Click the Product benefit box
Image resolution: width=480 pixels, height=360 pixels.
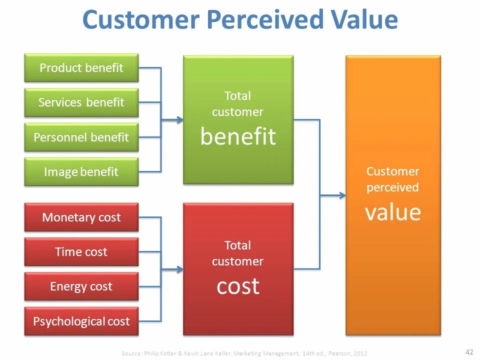[x=81, y=68]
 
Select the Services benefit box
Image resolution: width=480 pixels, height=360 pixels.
[x=81, y=102]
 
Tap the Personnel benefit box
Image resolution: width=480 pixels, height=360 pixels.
[x=81, y=137]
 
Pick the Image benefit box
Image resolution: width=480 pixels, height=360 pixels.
[x=81, y=172]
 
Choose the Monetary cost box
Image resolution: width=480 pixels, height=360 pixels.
[x=81, y=217]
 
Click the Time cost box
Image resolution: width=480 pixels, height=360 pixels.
[x=81, y=252]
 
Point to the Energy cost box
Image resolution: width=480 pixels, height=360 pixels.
[x=81, y=286]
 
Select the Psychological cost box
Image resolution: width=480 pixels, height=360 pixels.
[x=81, y=321]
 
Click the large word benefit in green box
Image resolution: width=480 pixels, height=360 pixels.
[x=238, y=136]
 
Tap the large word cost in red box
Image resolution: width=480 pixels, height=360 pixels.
[x=238, y=286]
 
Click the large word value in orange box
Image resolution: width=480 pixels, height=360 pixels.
[x=393, y=212]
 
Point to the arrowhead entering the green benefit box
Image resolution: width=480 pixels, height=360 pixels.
[x=180, y=120]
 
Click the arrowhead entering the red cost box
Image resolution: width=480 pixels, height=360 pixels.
[x=180, y=269]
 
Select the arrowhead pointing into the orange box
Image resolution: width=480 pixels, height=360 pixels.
[x=342, y=195]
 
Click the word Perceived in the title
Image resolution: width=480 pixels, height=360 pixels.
[x=264, y=20]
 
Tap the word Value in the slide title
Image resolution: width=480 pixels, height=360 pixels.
[x=362, y=20]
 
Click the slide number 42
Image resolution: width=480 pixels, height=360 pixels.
[x=469, y=350]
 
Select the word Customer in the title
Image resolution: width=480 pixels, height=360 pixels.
[x=141, y=20]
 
